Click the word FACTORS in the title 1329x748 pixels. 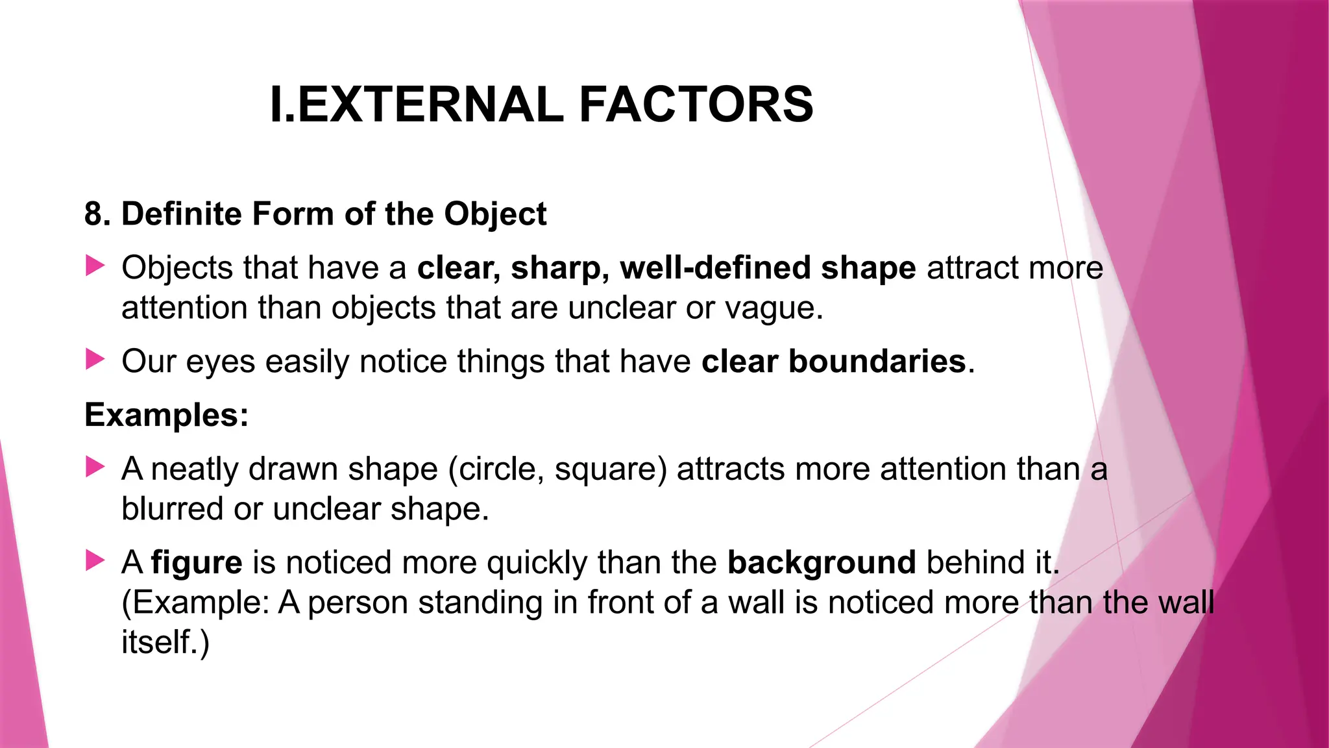[696, 105]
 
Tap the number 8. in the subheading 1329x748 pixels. [97, 214]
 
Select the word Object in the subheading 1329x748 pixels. [495, 214]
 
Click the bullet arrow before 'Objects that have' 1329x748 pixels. [95, 266]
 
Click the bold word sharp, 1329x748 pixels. [559, 268]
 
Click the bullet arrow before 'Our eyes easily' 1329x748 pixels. [95, 359]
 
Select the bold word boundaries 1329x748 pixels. [877, 362]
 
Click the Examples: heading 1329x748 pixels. [167, 415]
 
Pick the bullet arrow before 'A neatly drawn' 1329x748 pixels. [95, 467]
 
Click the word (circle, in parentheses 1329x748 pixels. [496, 469]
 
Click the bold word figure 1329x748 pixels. [197, 563]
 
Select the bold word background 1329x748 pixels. [822, 563]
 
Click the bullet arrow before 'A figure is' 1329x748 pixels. [95, 560]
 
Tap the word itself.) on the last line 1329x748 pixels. [165, 642]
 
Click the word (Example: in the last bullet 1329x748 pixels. [195, 603]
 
